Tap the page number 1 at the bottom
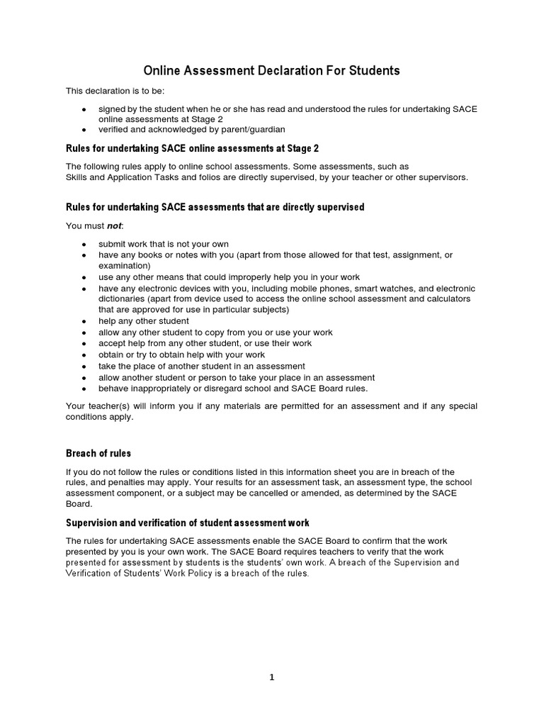click(x=271, y=677)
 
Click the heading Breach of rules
click(x=98, y=453)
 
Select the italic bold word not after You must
click(x=114, y=225)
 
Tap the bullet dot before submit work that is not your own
click(x=84, y=244)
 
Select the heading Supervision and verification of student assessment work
click(x=187, y=523)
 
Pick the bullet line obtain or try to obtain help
click(x=181, y=354)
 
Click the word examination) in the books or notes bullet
click(x=125, y=265)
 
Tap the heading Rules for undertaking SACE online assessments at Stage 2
click(x=192, y=148)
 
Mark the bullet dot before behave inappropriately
click(x=84, y=389)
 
